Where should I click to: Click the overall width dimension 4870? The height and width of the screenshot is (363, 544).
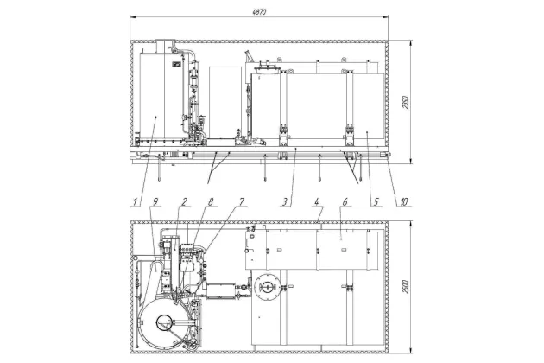tap(259, 12)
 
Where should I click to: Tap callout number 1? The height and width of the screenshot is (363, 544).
tap(136, 201)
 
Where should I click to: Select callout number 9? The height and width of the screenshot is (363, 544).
tap(155, 201)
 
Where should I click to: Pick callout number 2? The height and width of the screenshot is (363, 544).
tap(185, 201)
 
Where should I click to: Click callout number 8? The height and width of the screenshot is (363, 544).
tap(211, 201)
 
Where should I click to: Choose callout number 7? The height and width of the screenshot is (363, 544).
tap(242, 201)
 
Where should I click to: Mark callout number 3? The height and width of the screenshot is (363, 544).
tap(284, 201)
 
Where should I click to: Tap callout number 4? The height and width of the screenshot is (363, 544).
tap(316, 201)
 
